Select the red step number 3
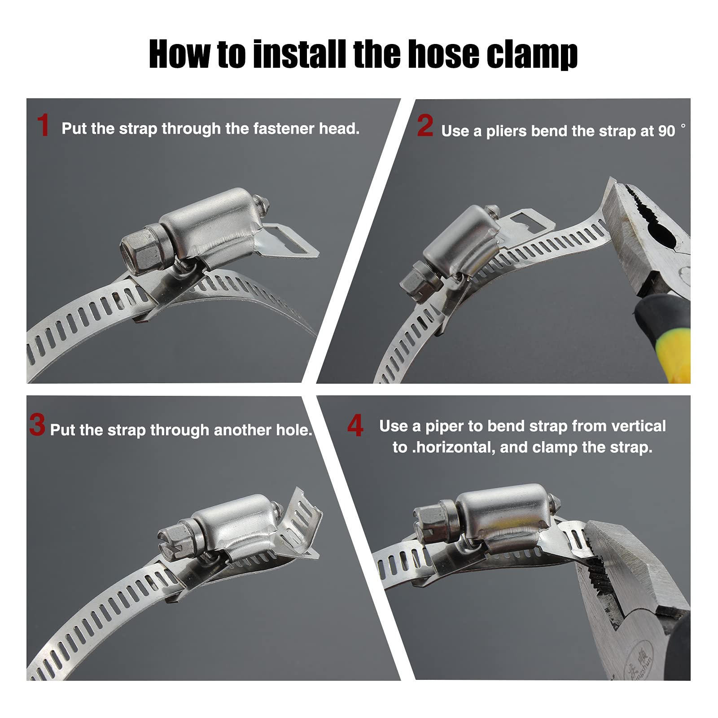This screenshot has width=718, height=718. (37, 425)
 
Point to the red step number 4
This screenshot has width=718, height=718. (355, 425)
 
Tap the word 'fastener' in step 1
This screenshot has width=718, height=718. (284, 129)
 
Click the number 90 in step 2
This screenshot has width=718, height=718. (667, 131)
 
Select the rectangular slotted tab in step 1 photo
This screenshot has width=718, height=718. (289, 241)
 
